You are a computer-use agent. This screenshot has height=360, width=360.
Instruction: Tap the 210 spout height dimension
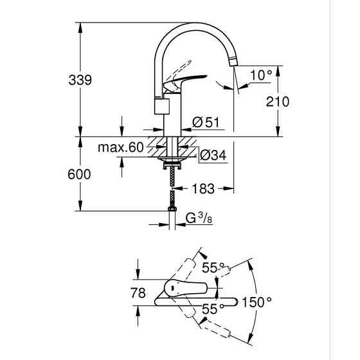(277, 102)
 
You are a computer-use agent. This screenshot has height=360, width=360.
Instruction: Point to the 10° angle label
(260, 75)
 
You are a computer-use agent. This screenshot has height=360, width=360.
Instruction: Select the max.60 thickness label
(120, 148)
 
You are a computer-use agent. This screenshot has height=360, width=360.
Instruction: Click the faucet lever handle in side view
(185, 82)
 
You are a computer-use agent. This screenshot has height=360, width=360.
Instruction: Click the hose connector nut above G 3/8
(172, 210)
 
